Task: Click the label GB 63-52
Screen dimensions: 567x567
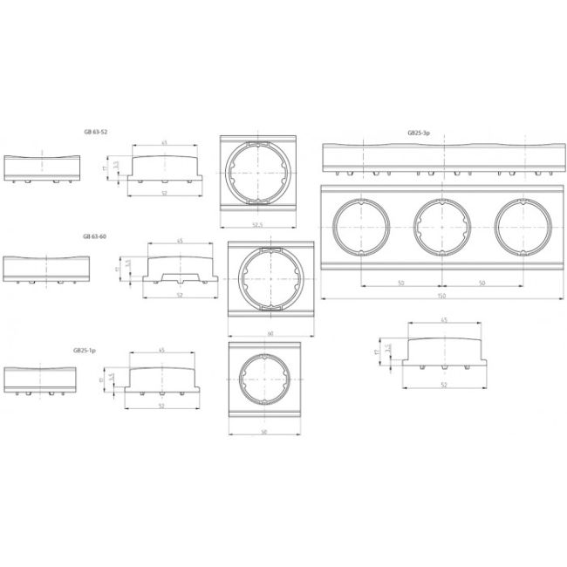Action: pos(95,131)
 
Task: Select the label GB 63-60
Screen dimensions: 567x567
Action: pos(95,236)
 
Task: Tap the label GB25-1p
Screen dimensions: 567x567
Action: pos(85,349)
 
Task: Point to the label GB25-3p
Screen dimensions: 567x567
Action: pos(419,133)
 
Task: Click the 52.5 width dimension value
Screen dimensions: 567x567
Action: pos(257,223)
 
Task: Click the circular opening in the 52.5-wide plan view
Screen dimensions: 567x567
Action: pos(257,171)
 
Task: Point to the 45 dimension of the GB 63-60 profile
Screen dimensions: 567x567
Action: pos(180,242)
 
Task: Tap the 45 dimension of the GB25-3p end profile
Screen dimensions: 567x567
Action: pos(445,321)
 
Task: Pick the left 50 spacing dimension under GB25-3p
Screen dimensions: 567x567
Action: pos(400,283)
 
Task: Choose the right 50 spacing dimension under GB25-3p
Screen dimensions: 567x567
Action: pos(482,283)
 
